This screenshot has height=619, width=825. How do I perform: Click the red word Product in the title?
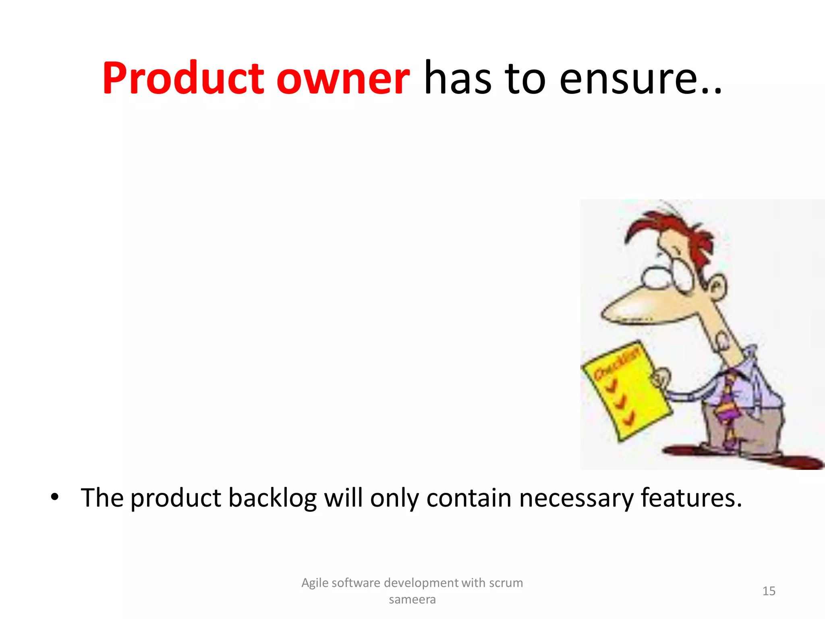183,79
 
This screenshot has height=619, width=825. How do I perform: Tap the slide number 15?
769,591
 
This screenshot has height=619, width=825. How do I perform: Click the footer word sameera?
412,600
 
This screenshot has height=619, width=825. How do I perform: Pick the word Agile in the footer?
315,583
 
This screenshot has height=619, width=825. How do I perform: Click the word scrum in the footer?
506,583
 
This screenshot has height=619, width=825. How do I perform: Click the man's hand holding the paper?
661,379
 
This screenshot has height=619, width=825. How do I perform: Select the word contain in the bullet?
469,498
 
